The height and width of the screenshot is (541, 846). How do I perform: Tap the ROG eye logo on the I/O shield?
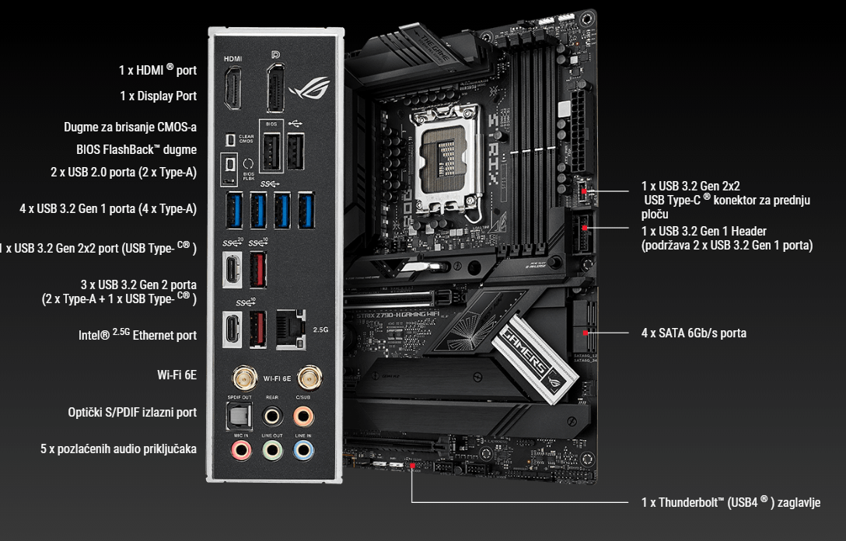[309, 90]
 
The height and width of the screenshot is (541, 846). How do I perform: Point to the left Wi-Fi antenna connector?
[244, 379]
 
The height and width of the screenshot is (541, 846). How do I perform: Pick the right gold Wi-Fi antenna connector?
[309, 379]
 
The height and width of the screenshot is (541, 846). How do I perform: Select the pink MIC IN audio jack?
[240, 449]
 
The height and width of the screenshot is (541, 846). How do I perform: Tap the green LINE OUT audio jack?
[271, 449]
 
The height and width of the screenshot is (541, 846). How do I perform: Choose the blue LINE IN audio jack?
[303, 449]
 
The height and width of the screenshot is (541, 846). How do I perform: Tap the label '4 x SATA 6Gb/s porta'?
[694, 333]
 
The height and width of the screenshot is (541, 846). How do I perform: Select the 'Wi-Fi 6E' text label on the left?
[177, 375]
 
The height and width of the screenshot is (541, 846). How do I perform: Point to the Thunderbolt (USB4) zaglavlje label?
[730, 502]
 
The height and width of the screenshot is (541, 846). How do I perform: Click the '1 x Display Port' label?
[158, 96]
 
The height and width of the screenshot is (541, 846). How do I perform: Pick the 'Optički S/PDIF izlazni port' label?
[132, 412]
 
